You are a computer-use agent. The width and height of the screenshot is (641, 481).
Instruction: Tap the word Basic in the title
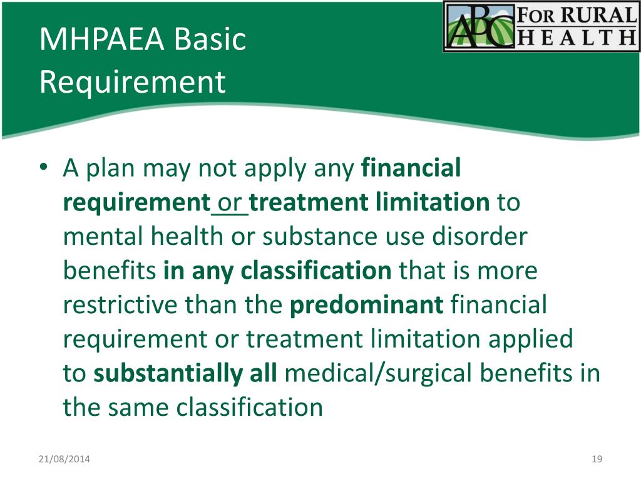(x=210, y=39)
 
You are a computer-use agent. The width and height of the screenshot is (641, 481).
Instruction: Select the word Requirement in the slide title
(x=132, y=82)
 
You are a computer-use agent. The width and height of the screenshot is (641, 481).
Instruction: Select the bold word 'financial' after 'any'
(x=411, y=168)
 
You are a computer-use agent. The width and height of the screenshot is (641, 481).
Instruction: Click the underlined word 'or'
(x=230, y=202)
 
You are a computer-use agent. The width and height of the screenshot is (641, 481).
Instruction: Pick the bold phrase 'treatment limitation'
(x=370, y=202)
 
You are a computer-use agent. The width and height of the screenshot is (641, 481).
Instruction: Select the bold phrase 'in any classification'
(x=277, y=271)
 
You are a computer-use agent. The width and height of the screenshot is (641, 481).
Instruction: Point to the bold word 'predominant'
(x=366, y=306)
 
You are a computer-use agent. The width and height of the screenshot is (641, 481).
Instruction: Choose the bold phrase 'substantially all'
(x=185, y=374)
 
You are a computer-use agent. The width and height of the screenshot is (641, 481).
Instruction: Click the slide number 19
(x=596, y=460)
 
